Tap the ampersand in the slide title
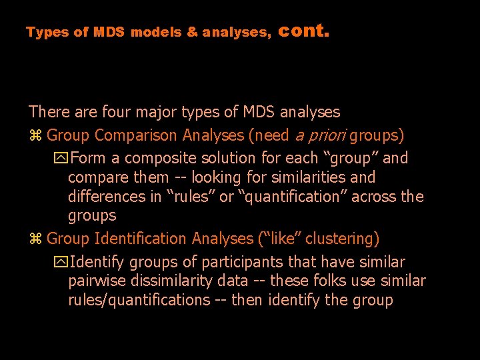point(192,32)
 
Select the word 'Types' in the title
point(48,32)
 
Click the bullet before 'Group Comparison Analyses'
point(35,136)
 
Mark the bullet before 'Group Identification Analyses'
point(35,239)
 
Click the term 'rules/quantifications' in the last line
point(139,300)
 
